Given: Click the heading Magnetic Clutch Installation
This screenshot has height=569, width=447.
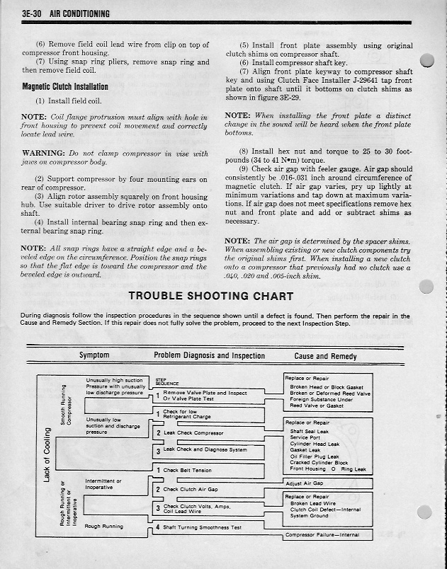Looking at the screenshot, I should coord(64,87).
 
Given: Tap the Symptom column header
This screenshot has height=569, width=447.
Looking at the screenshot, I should coord(94,356).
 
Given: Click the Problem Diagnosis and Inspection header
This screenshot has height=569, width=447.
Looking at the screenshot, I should coord(209,356).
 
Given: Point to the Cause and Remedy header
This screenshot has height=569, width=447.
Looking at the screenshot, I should coord(325,357).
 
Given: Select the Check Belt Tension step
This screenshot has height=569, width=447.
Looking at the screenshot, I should coord(188,470).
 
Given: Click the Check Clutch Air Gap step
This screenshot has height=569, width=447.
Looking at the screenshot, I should coord(191,489).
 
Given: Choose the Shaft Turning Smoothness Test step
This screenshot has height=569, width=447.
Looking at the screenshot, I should coord(202,527).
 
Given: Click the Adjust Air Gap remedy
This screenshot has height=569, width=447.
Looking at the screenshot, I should coord(304,484).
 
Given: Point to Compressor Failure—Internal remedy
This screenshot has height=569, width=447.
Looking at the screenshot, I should coord(322,535).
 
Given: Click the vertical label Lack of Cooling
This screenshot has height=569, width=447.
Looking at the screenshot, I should coord(47,456).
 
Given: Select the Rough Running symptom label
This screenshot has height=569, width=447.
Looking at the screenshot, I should coord(103,527).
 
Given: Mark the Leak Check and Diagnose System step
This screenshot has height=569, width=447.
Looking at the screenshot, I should coord(205,449).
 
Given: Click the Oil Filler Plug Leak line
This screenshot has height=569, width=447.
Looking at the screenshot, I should coord(315,456).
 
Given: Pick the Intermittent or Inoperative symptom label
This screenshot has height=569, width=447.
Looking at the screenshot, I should coord(103,484).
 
